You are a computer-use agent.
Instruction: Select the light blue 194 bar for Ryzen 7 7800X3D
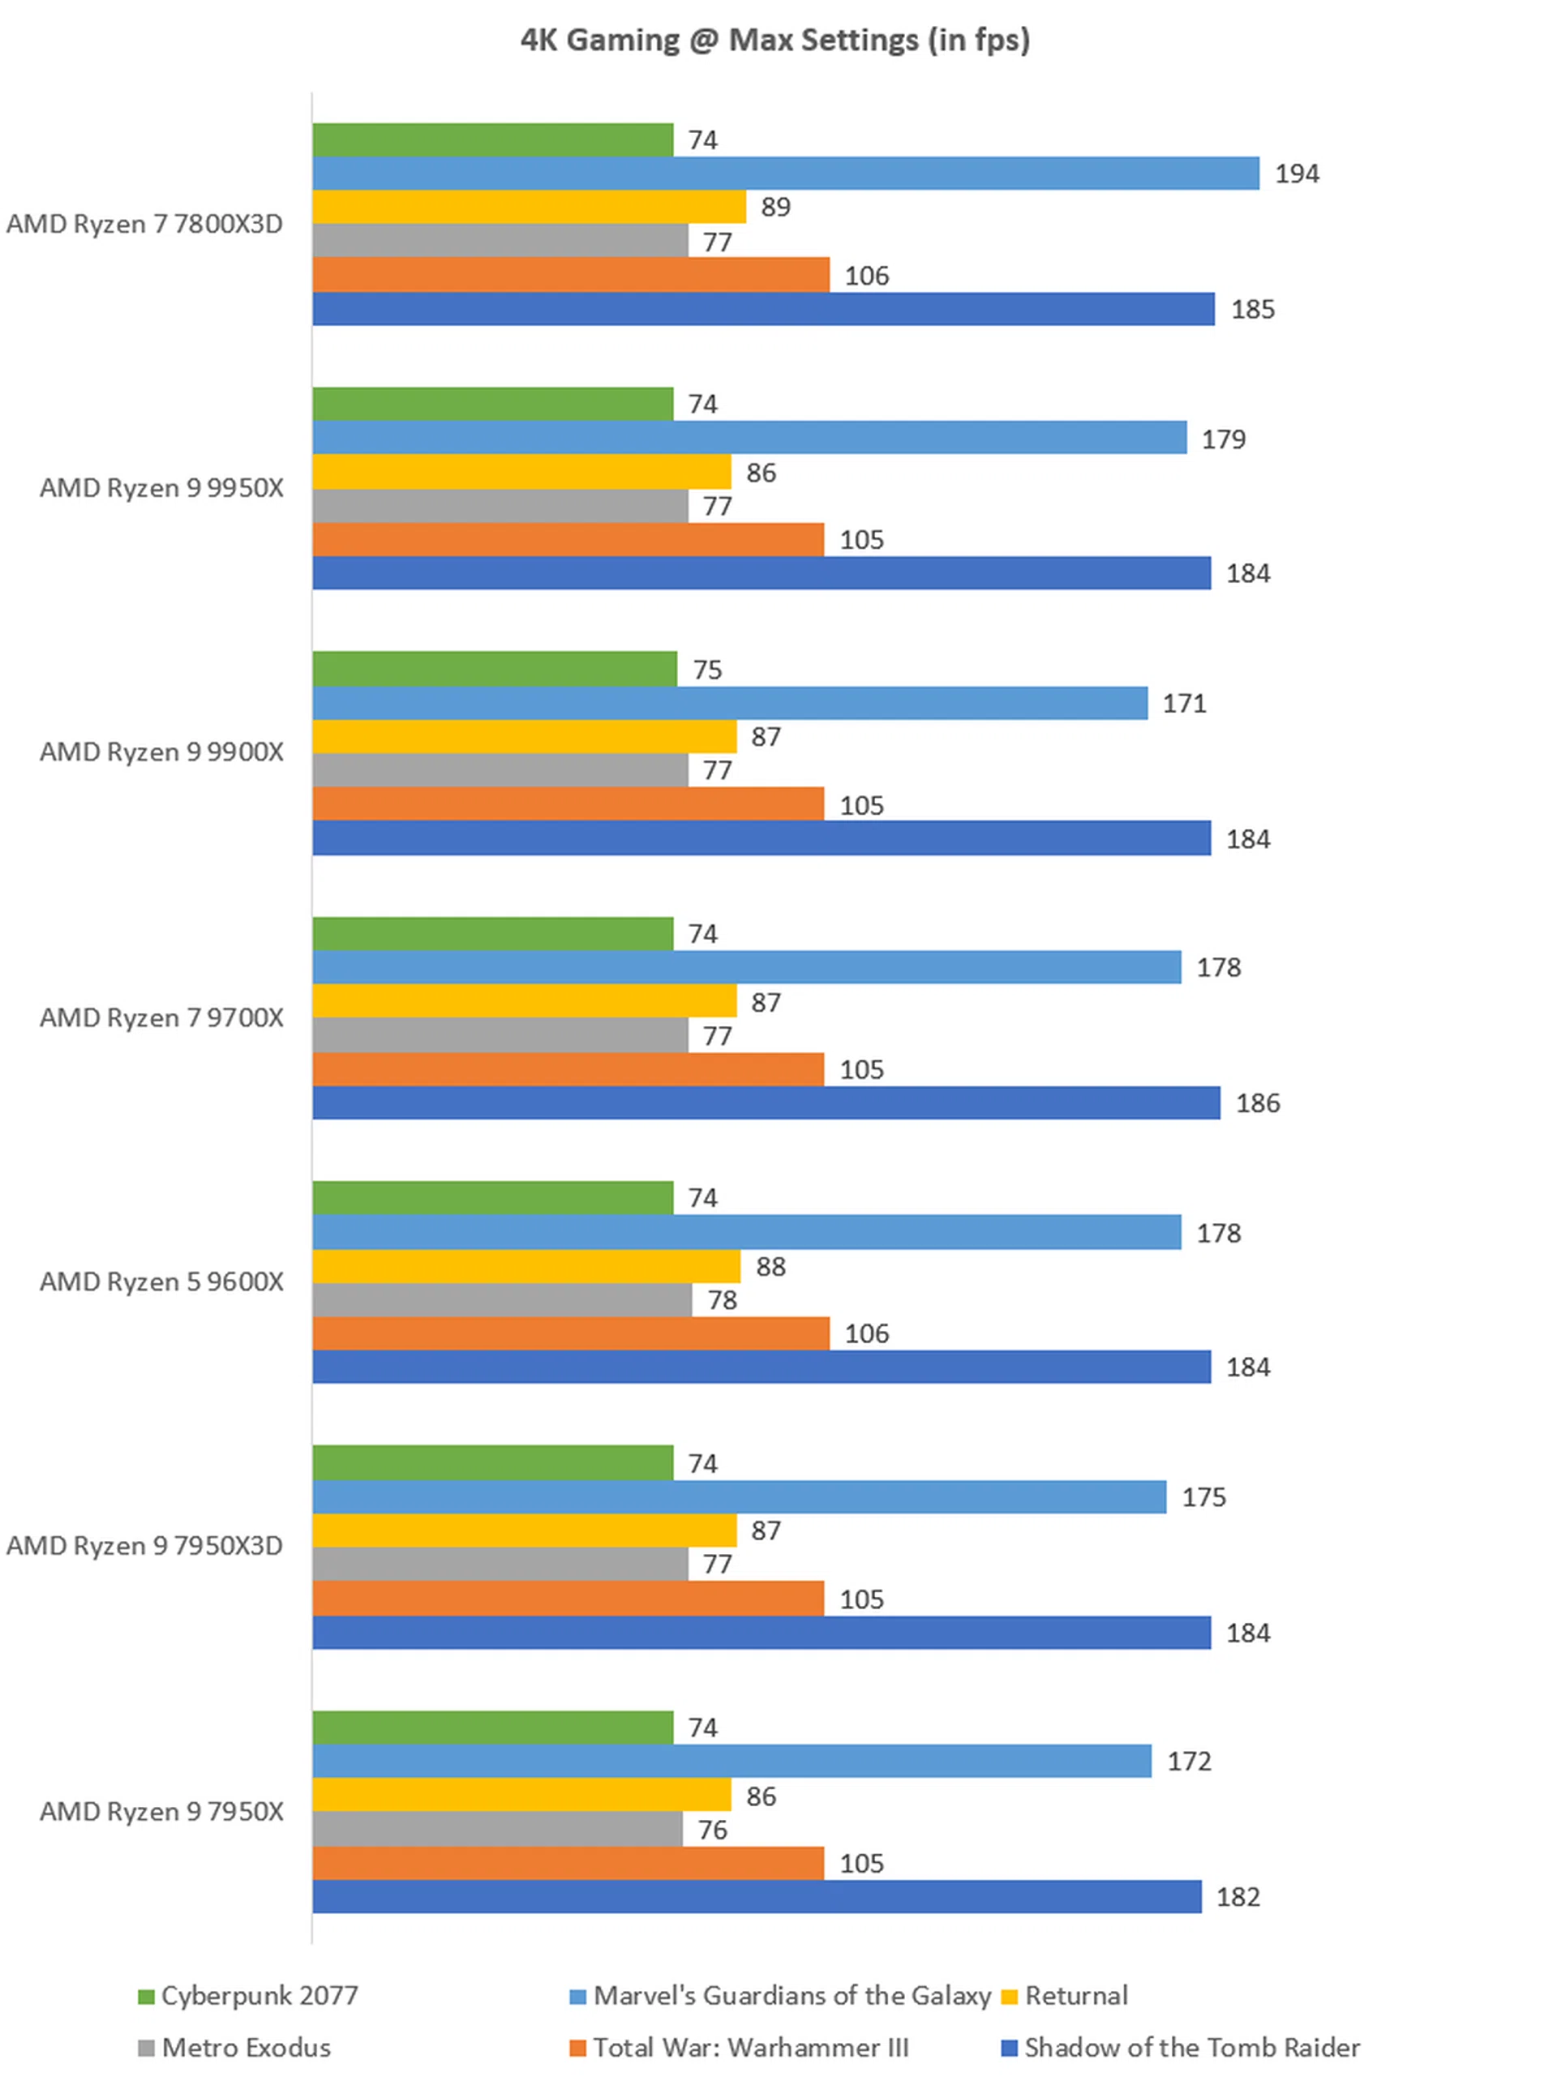pyautogui.click(x=785, y=173)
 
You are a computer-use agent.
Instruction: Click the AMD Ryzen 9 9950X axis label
pyautogui.click(x=161, y=488)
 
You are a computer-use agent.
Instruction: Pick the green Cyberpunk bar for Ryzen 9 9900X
pyautogui.click(x=494, y=669)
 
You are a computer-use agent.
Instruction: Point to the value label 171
pyautogui.click(x=1184, y=704)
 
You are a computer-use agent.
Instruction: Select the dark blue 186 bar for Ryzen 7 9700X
pyautogui.click(x=766, y=1103)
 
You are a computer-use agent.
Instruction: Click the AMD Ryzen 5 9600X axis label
pyautogui.click(x=161, y=1282)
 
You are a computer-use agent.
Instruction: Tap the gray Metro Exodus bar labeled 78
pyautogui.click(x=501, y=1300)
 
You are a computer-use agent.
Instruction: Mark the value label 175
pyautogui.click(x=1203, y=1497)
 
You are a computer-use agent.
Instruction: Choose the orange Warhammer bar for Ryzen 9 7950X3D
pyautogui.click(x=568, y=1598)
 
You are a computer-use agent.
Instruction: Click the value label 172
pyautogui.click(x=1189, y=1761)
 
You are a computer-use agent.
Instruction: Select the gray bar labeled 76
pyautogui.click(x=497, y=1829)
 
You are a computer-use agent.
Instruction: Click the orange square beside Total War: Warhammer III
pyautogui.click(x=577, y=2048)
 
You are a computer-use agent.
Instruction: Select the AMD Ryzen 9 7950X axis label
pyautogui.click(x=161, y=1811)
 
